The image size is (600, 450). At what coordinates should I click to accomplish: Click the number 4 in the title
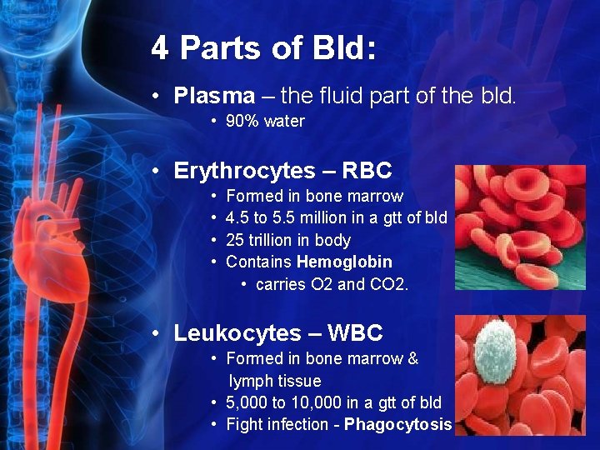click(160, 47)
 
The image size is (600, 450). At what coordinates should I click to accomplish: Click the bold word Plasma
click(214, 96)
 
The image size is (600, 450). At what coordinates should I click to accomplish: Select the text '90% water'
click(265, 122)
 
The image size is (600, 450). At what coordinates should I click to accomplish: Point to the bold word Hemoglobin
click(344, 262)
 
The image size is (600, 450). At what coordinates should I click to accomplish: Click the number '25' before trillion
click(234, 240)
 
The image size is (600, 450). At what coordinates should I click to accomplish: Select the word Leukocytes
click(234, 333)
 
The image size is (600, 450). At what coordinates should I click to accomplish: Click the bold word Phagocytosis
click(397, 424)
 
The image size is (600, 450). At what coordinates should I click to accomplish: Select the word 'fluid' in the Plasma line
click(327, 96)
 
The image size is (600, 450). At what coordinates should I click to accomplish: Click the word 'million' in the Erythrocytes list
click(344, 218)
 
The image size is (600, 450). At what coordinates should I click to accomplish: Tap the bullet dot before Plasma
click(157, 96)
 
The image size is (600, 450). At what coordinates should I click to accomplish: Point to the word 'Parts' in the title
click(216, 47)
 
